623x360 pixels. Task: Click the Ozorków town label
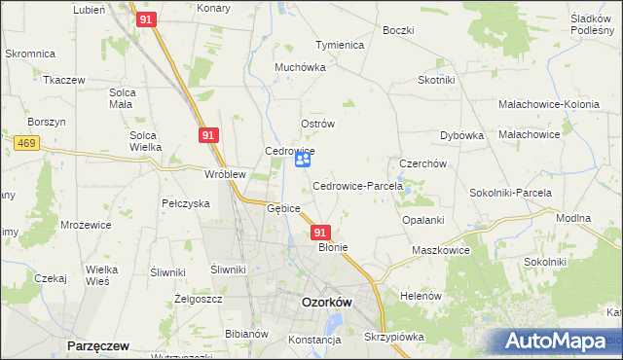click(x=326, y=303)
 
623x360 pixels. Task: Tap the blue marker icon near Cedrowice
click(x=303, y=159)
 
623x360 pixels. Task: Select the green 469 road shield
click(x=26, y=142)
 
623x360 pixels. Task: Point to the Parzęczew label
click(x=97, y=345)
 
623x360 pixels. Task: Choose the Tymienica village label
click(x=339, y=45)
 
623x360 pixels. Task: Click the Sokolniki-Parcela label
click(x=511, y=193)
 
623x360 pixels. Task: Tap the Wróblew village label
click(x=225, y=174)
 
